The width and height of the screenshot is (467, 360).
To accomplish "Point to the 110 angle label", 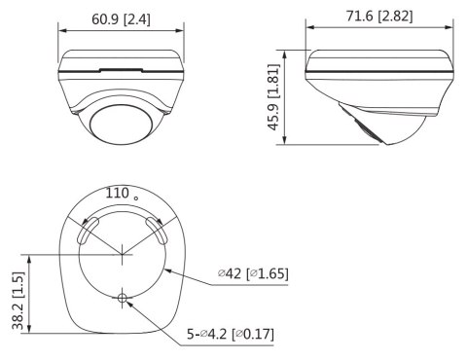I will [118, 194].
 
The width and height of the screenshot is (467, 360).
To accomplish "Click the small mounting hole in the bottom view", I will [123, 299].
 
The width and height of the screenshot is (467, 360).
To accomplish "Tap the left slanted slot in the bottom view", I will [87, 230].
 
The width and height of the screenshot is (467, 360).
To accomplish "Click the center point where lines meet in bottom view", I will [123, 256].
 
